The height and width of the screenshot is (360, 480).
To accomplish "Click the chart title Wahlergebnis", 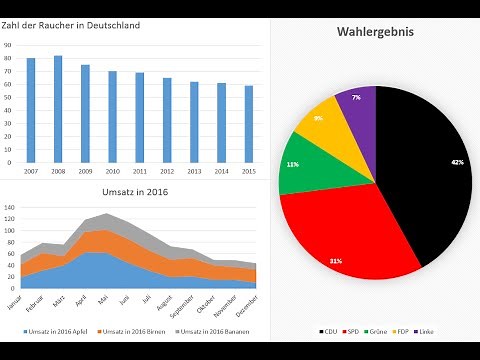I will tap(375, 33).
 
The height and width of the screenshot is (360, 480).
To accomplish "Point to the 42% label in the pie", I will tap(457, 162).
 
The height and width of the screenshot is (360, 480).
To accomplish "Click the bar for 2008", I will tap(58, 109).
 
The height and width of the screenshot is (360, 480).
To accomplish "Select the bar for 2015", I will tap(249, 124).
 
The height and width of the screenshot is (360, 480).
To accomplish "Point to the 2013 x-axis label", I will tap(194, 171).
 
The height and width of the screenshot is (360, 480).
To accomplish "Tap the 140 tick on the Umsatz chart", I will tap(9, 209).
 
